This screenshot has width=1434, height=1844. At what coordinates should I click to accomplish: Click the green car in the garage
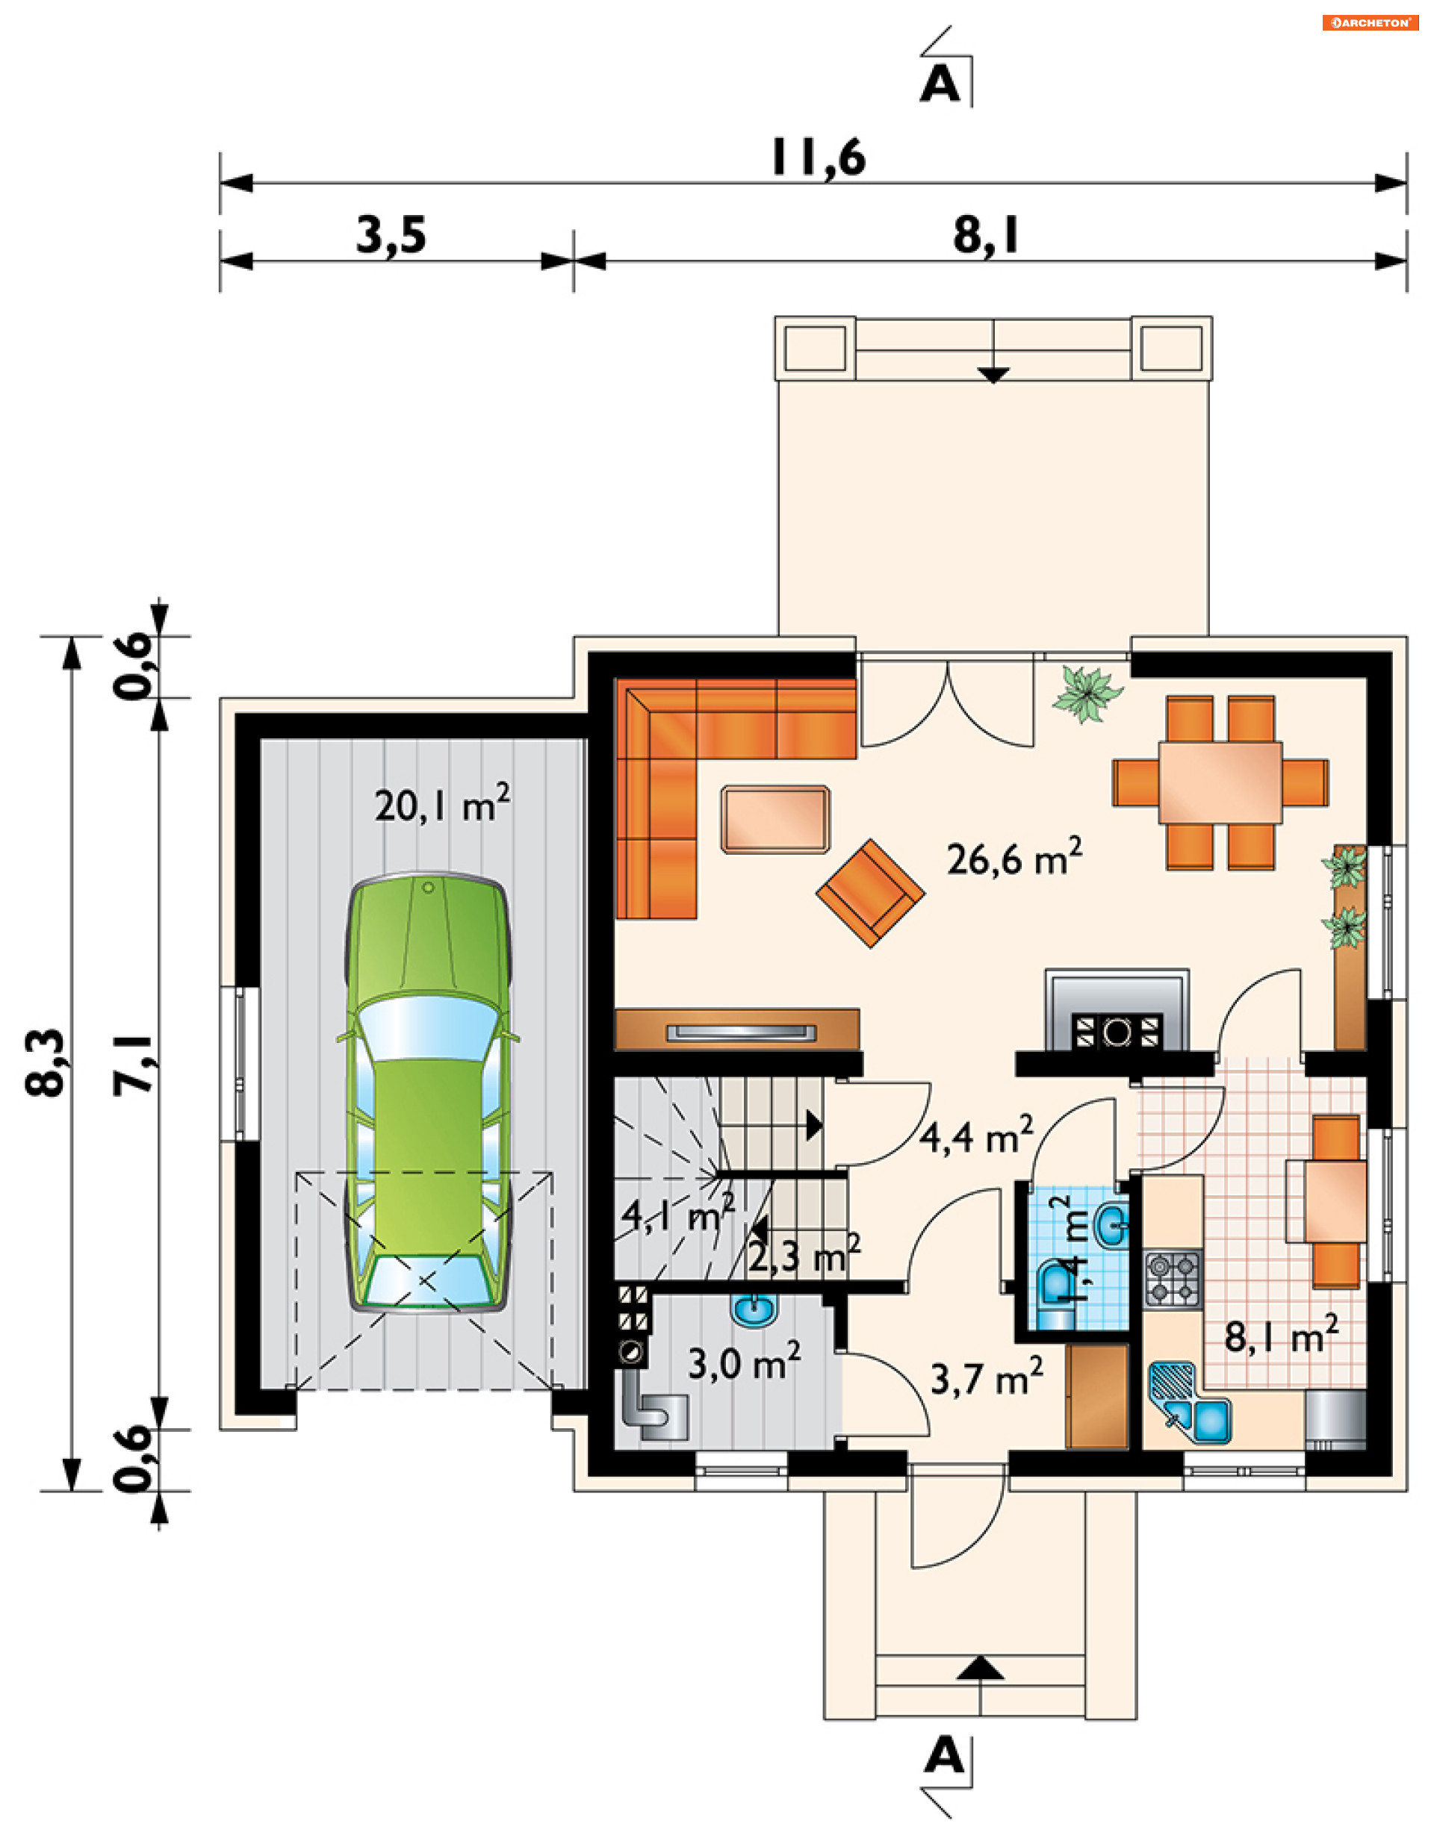tap(428, 1092)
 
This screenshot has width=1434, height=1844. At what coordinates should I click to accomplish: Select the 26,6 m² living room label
tap(1014, 858)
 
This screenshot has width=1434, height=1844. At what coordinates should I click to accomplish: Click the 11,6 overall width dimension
tap(819, 158)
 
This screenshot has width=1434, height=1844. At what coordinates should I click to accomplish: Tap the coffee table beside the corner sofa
tap(775, 819)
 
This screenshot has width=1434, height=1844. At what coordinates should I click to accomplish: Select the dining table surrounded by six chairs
tap(1220, 782)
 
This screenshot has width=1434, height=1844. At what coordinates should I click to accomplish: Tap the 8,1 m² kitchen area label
tap(1281, 1336)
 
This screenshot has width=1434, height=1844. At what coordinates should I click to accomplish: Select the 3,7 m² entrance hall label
tap(987, 1379)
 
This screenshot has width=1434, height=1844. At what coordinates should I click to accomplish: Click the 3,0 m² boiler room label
tap(744, 1362)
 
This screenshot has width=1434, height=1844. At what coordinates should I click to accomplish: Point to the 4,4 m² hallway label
tap(976, 1136)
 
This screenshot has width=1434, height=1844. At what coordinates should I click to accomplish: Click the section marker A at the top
tap(940, 85)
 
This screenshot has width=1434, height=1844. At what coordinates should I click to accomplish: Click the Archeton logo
tap(1371, 23)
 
